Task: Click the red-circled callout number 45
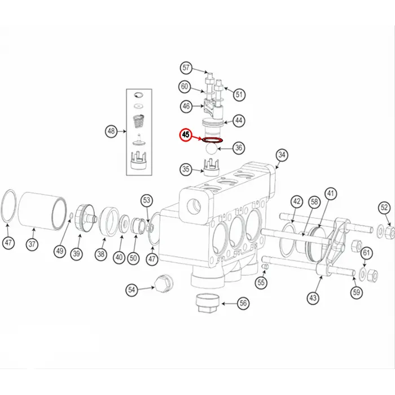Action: pyautogui.click(x=186, y=136)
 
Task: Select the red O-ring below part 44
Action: pyautogui.click(x=212, y=141)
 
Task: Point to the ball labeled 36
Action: pyautogui.click(x=210, y=148)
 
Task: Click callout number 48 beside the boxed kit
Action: pyautogui.click(x=111, y=132)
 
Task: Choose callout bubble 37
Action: pyautogui.click(x=33, y=245)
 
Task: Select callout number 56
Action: pyautogui.click(x=243, y=303)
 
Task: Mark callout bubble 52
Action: pyautogui.click(x=384, y=207)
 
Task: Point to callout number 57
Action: pyautogui.click(x=186, y=68)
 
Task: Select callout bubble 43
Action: pyautogui.click(x=314, y=297)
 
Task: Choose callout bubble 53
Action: pyautogui.click(x=147, y=200)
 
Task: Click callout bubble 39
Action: pyautogui.click(x=76, y=254)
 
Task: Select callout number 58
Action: pyautogui.click(x=314, y=201)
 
